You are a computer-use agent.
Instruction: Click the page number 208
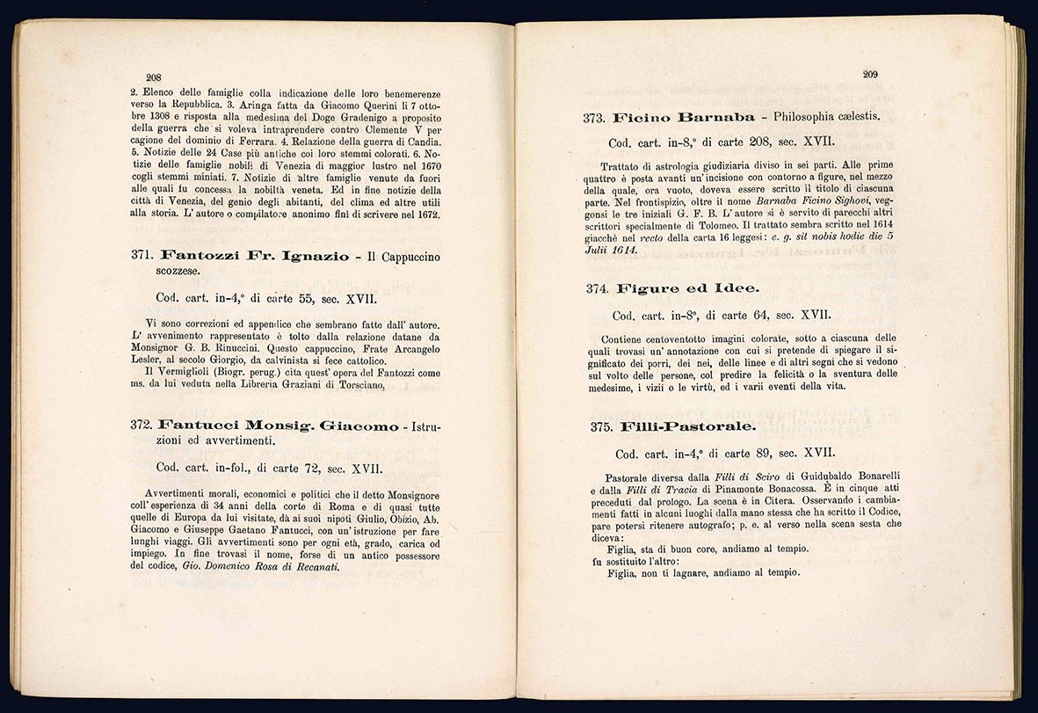pos(153,77)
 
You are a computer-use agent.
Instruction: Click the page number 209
pos(870,75)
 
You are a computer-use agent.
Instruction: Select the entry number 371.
pos(142,256)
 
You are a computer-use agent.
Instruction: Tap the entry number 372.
pos(142,425)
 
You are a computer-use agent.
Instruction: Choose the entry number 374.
pos(599,288)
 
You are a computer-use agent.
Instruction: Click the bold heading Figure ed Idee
pos(687,288)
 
